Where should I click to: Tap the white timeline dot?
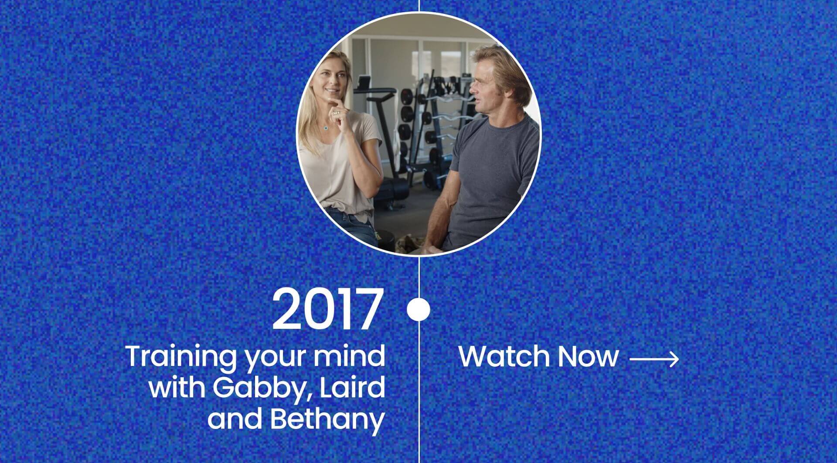click(418, 309)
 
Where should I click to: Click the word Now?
click(588, 357)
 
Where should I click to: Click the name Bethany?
click(327, 419)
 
